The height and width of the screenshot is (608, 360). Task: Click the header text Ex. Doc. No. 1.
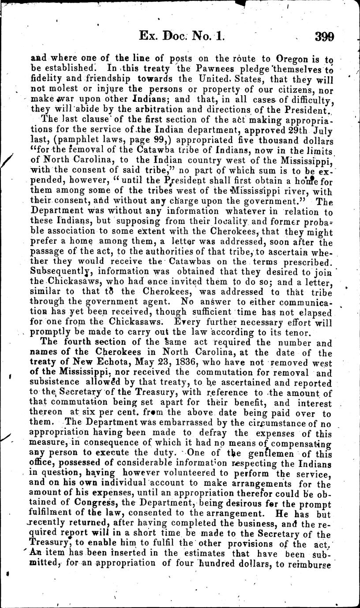pos(181,36)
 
